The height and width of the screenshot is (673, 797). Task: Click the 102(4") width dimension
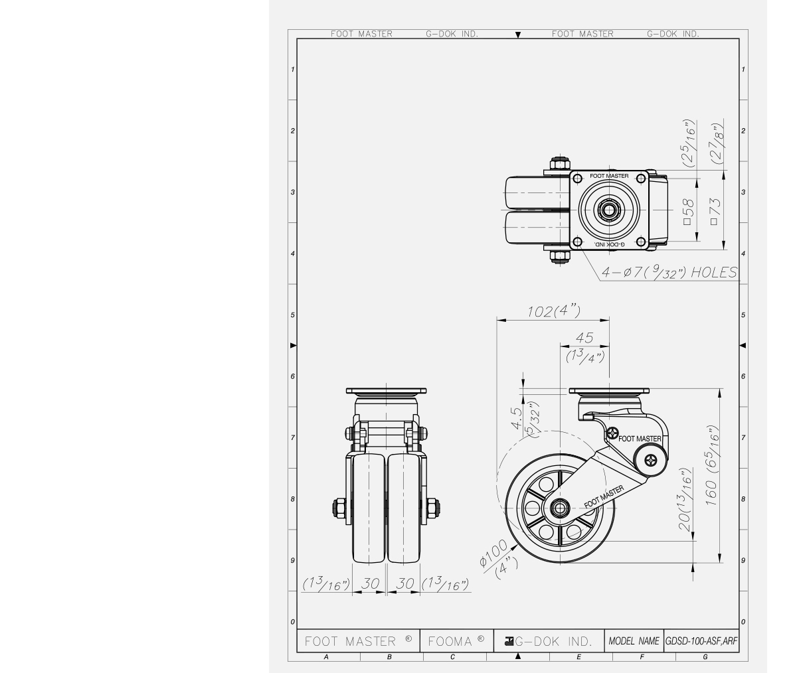tap(554, 312)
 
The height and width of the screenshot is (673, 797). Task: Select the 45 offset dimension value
tap(585, 338)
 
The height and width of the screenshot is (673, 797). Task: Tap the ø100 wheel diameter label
tap(493, 554)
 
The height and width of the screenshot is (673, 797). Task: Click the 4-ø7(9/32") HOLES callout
tap(669, 272)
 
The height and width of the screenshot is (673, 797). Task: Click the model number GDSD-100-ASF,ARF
tap(701, 641)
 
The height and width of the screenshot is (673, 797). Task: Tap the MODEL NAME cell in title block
tap(634, 641)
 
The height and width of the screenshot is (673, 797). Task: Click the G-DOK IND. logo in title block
tap(549, 641)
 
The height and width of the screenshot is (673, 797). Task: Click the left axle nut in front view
tap(337, 508)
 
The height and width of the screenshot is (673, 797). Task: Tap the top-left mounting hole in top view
tap(576, 178)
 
